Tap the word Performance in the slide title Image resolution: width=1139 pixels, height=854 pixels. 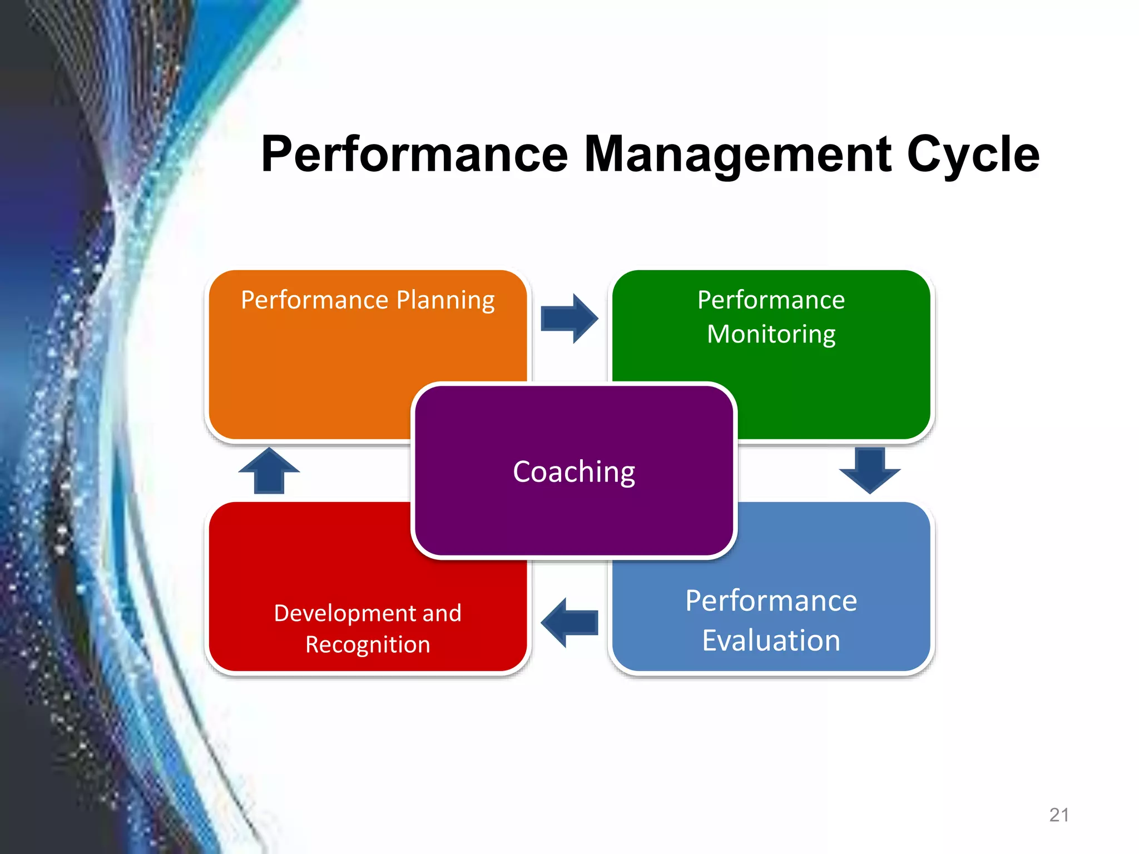(x=414, y=155)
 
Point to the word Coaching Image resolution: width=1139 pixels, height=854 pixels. (x=574, y=472)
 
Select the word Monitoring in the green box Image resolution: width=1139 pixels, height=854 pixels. (x=771, y=334)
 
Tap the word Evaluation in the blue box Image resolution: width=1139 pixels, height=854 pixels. (x=771, y=640)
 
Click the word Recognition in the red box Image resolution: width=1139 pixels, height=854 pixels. (x=368, y=644)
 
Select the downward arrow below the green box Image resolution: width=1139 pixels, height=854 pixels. (x=870, y=470)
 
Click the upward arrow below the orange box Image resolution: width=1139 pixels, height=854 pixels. (x=269, y=471)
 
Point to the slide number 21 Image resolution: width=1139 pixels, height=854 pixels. (x=1059, y=815)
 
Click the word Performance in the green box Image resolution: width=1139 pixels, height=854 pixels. (x=771, y=300)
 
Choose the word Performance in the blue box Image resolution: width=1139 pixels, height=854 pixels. (x=771, y=600)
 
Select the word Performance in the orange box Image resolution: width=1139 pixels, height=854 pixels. (x=314, y=300)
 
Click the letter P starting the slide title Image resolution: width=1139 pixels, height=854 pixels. (x=276, y=155)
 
